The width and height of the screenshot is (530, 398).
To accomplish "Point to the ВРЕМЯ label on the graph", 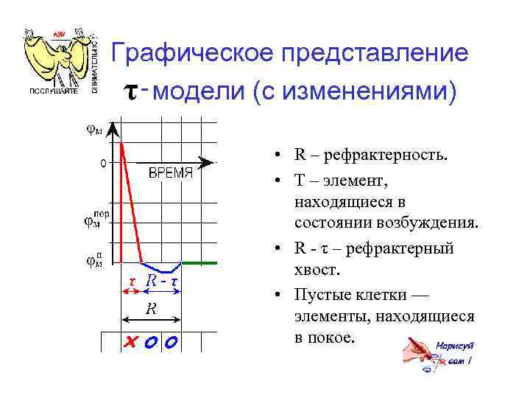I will [x=171, y=173].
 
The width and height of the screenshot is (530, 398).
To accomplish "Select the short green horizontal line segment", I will [x=199, y=262].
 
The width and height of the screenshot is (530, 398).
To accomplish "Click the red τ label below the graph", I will [x=131, y=282].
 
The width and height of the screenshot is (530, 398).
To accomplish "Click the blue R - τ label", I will [x=163, y=282].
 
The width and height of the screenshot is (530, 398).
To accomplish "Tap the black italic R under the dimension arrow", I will [x=150, y=309].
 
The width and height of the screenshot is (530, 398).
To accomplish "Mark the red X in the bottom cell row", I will [x=132, y=342].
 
